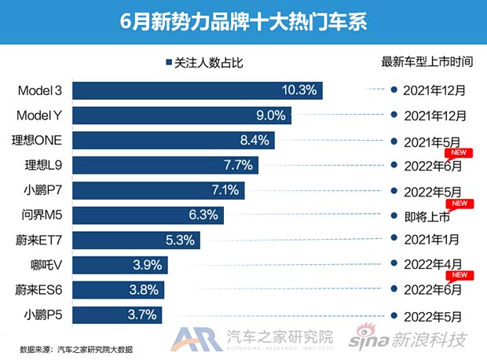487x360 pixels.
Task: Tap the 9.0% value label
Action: (x=269, y=116)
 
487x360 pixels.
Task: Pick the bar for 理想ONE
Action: (x=180, y=141)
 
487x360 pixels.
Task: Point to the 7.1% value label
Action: (x=224, y=190)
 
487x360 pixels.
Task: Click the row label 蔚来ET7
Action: (x=46, y=241)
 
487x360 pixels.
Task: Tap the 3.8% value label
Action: (x=144, y=291)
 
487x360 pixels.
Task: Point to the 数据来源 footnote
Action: (x=76, y=349)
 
